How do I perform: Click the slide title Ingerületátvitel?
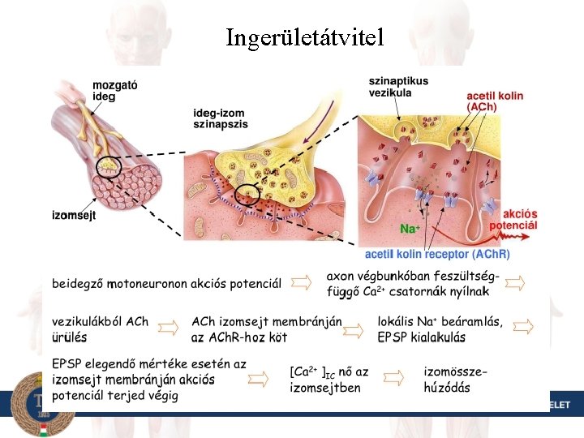tap(305, 37)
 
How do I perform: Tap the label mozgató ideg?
tap(114, 90)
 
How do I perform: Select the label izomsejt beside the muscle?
tap(74, 215)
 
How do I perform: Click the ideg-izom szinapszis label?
tap(221, 118)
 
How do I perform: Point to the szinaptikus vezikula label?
tap(398, 87)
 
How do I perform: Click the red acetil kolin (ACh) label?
tap(495, 101)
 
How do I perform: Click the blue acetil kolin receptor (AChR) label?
tap(437, 254)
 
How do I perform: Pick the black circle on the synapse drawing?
tap(247, 194)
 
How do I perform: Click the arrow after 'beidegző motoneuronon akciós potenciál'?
tap(302, 282)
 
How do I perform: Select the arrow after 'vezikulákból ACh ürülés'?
tap(169, 328)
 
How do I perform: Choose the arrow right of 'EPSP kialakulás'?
tap(523, 327)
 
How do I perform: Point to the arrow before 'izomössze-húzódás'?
tap(393, 378)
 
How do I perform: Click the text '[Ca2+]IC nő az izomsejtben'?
tap(328, 379)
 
